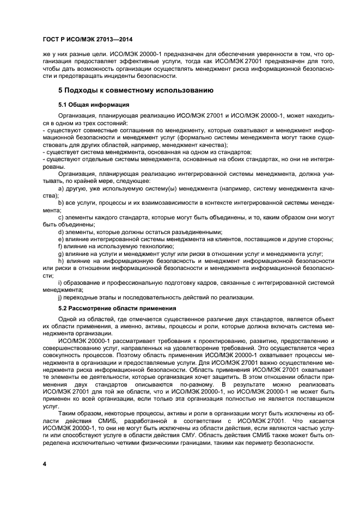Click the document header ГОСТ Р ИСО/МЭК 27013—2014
pyautogui.click(x=88, y=40)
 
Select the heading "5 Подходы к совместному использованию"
pyautogui.click(x=135, y=89)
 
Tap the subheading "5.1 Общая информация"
pyautogui.click(x=93, y=103)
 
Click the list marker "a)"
pyautogui.click(x=60, y=188)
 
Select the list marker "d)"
pyautogui.click(x=60, y=232)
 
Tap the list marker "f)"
pyautogui.click(x=60, y=246)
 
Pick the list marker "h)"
pyautogui.click(x=60, y=261)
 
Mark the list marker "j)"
pyautogui.click(x=60, y=297)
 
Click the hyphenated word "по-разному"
pyautogui.click(x=186, y=384)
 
